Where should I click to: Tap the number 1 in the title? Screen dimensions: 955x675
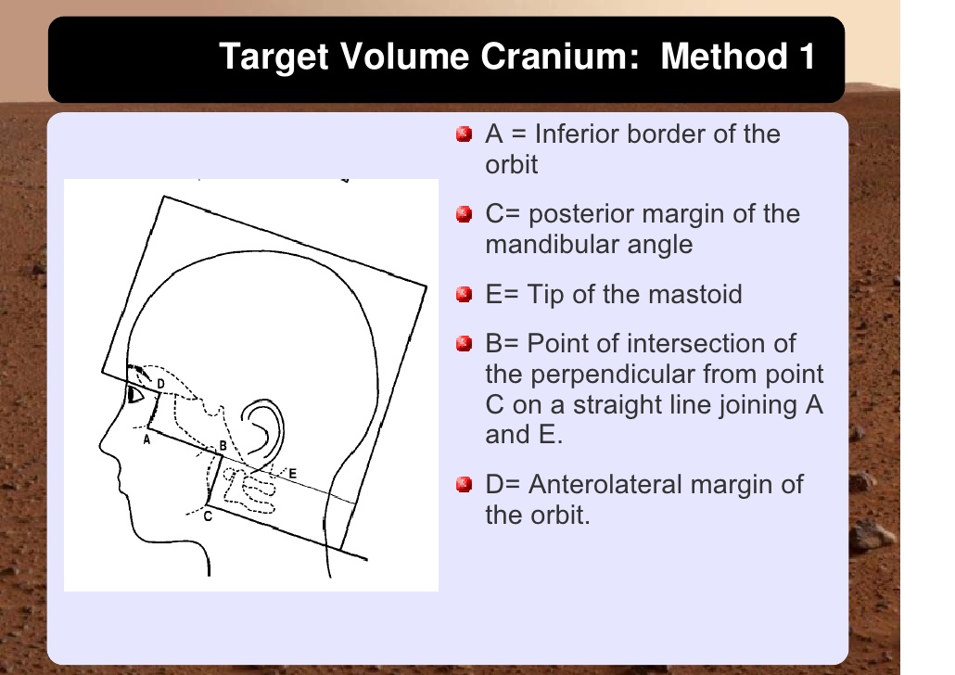807,56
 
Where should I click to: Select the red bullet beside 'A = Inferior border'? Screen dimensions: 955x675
465,134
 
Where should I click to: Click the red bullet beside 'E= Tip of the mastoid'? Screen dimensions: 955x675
465,294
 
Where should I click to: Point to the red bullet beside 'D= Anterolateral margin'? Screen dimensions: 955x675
465,484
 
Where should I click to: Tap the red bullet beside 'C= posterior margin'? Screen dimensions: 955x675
465,214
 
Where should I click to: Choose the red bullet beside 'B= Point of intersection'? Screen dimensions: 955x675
465,344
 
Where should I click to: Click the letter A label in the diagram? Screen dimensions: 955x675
146,439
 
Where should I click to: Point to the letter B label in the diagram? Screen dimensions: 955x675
223,446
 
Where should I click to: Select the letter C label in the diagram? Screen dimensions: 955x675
208,516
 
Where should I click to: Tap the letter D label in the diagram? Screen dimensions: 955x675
160,384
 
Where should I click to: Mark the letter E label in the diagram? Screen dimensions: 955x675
292,474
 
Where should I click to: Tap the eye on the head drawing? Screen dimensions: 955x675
134,395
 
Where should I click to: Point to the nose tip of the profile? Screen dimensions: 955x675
100,448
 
